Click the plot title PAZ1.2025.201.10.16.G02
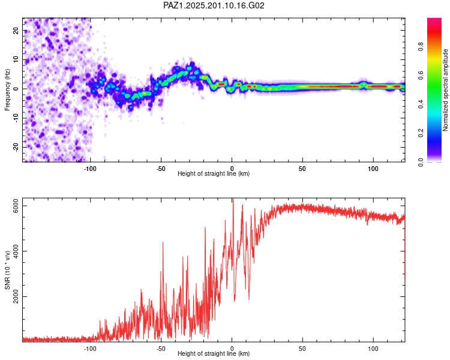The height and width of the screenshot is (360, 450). (x=214, y=5)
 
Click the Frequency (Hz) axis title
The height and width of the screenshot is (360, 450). (x=7, y=90)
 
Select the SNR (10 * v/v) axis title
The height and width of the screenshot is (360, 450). (x=7, y=270)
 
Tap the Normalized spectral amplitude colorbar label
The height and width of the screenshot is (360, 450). (x=445, y=90)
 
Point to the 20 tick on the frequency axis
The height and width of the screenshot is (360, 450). (x=16, y=30)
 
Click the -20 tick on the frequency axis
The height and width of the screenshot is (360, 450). (x=16, y=148)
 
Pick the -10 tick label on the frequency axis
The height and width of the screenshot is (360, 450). (x=16, y=118)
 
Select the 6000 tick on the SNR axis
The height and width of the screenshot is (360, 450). (x=16, y=206)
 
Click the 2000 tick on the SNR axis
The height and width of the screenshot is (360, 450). (x=16, y=296)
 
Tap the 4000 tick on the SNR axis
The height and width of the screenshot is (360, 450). (x=16, y=251)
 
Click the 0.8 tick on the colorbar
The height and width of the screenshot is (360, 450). (x=421, y=46)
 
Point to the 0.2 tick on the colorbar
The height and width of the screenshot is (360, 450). (x=421, y=133)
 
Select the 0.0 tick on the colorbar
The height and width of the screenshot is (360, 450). (x=421, y=162)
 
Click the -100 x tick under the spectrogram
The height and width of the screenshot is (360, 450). (x=90, y=169)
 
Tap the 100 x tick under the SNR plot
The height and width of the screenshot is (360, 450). (x=373, y=349)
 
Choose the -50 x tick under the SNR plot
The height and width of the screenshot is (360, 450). (x=161, y=349)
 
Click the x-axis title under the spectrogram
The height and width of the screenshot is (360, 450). (x=214, y=173)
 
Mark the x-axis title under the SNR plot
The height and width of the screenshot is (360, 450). (x=214, y=353)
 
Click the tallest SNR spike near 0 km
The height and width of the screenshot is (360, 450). (x=233, y=199)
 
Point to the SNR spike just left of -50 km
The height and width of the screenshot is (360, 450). (x=163, y=242)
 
